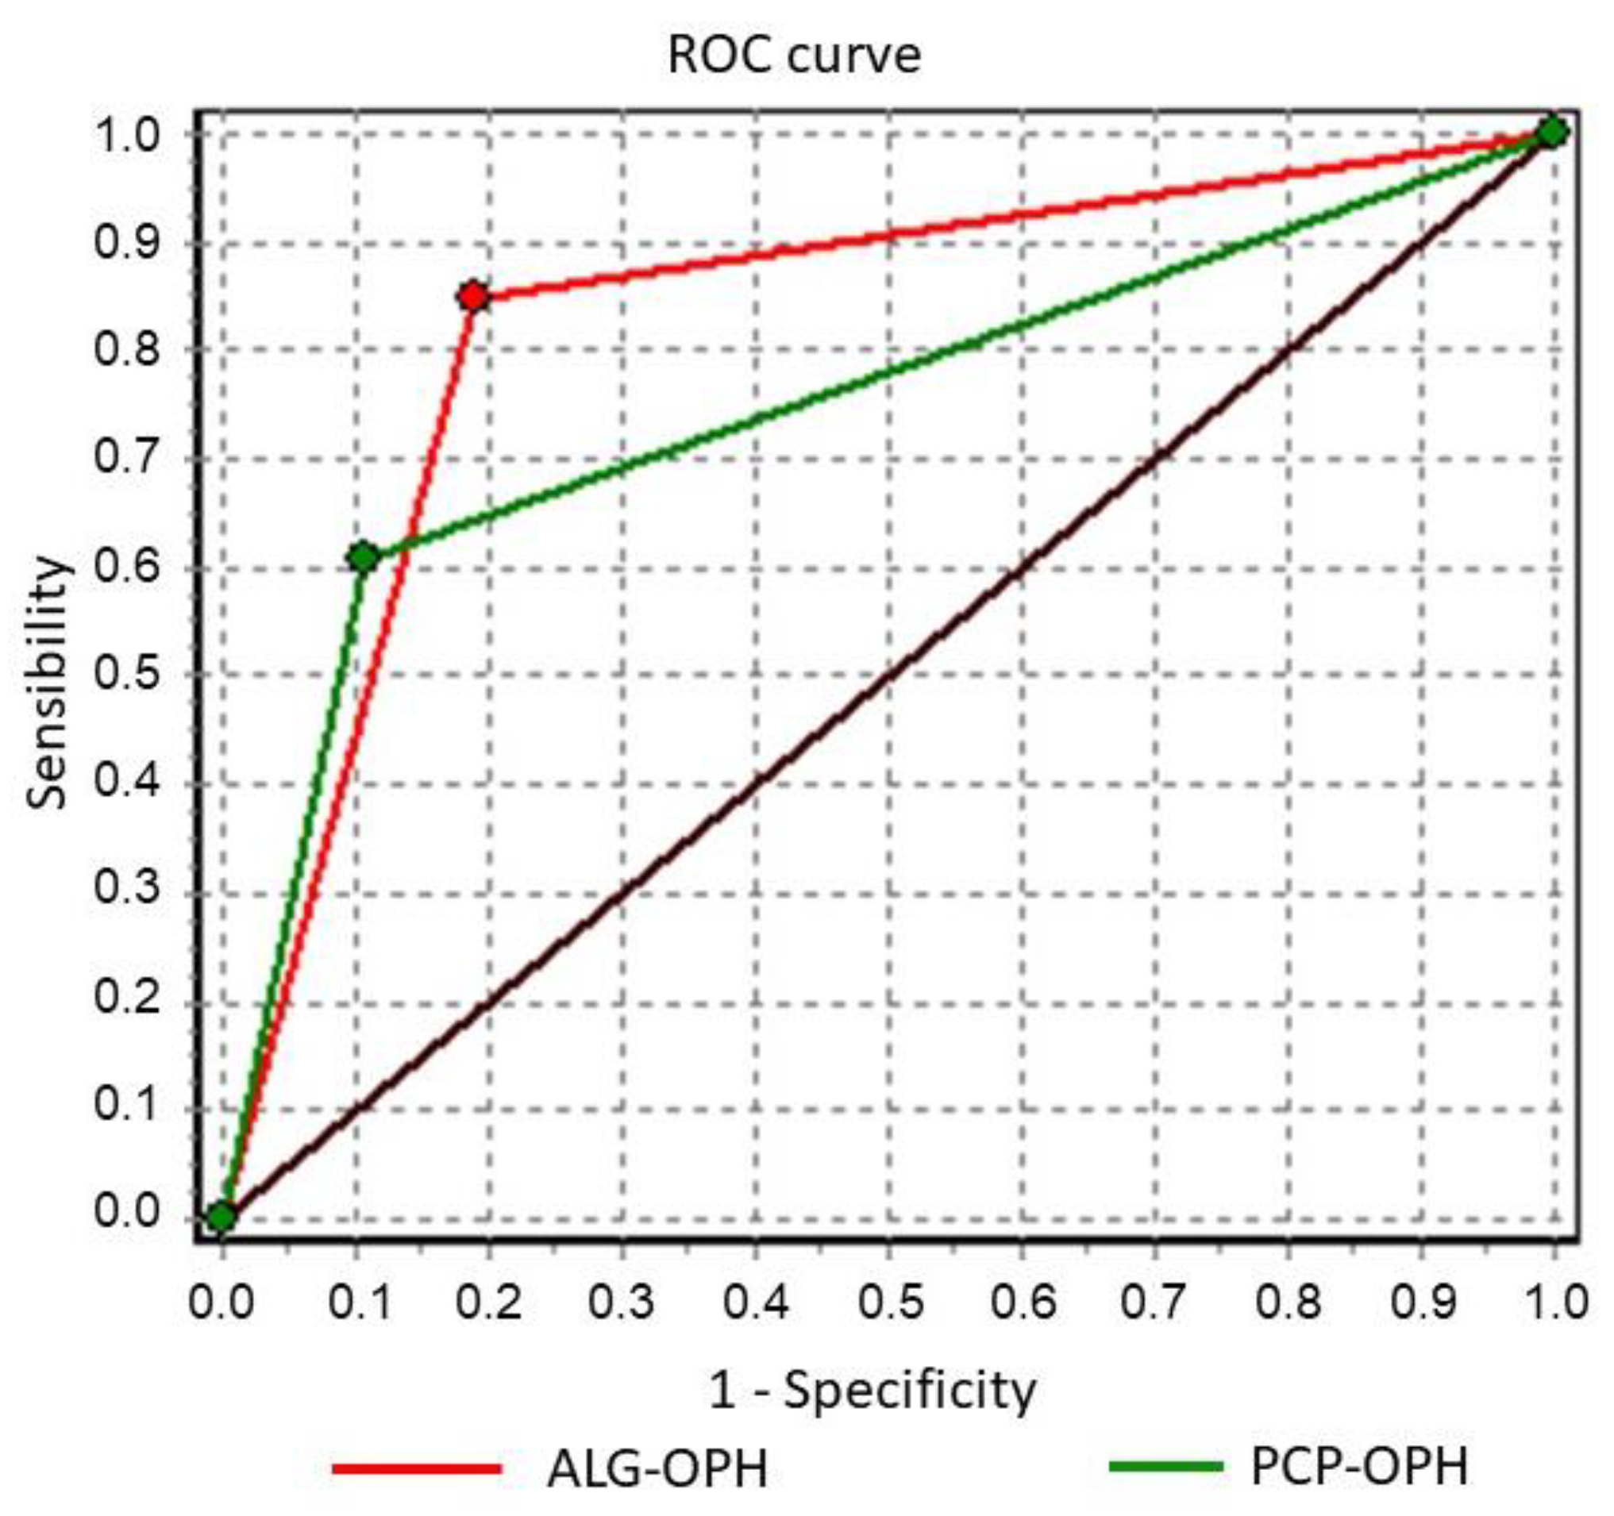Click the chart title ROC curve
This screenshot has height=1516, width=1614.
point(794,56)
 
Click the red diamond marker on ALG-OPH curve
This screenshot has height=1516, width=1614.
point(473,297)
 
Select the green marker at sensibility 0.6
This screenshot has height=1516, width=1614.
point(363,557)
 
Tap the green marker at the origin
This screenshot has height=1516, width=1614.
point(221,1217)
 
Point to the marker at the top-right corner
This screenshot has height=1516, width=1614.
point(1552,133)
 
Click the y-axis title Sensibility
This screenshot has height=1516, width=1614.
point(46,682)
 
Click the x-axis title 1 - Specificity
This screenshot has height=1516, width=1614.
point(872,1391)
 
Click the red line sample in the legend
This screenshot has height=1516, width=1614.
point(418,1468)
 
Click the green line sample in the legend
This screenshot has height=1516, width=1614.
point(1165,1466)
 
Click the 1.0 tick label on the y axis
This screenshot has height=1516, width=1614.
point(127,135)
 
